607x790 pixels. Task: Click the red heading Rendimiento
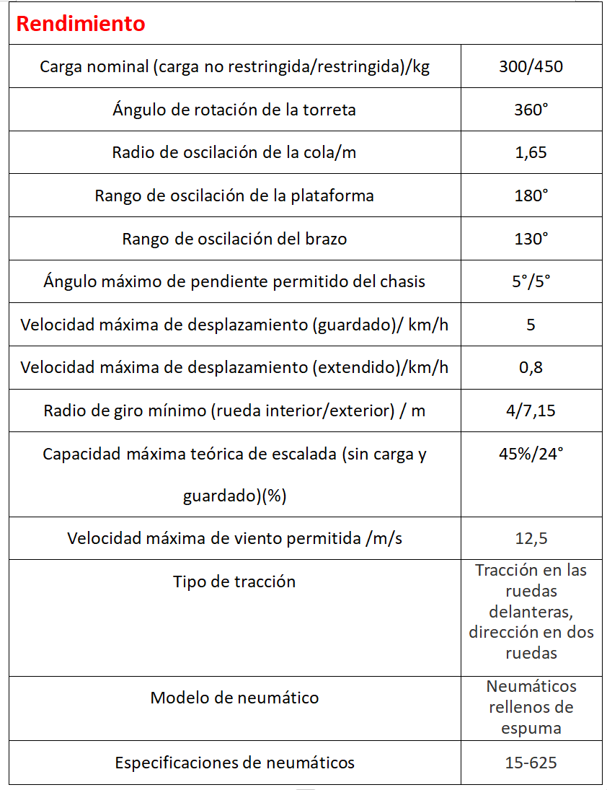80,24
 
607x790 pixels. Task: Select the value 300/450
531,67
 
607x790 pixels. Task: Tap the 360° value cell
531,110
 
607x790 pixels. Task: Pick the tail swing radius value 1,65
531,153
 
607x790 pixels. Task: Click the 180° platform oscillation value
531,196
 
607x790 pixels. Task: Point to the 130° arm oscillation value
531,239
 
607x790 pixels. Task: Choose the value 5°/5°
531,281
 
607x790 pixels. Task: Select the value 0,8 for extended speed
531,367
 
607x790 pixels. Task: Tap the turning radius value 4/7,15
531,411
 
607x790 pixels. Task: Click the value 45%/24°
531,454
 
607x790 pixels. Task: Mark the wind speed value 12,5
531,538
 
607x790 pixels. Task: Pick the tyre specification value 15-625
531,763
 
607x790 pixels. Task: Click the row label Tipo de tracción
234,581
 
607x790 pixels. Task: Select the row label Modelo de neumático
234,698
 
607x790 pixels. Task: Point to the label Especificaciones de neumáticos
234,763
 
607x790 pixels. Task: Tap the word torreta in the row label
329,110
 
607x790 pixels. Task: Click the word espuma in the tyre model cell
531,728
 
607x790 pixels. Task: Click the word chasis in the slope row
400,281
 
